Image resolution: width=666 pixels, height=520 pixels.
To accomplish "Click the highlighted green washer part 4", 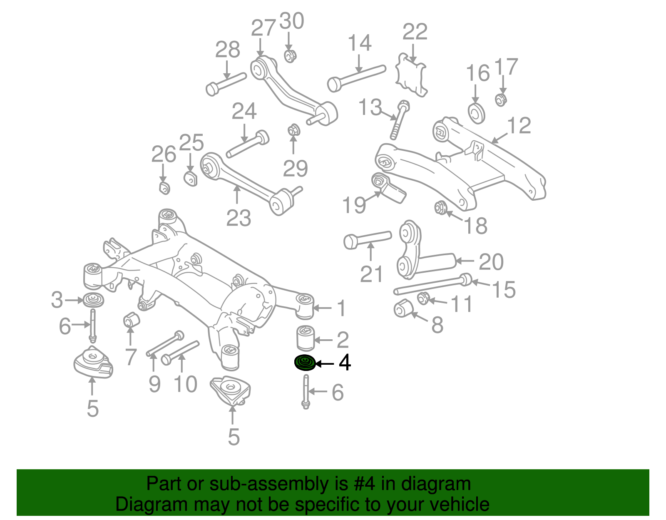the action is click(x=305, y=363).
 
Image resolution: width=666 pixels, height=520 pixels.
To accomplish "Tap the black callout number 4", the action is click(x=345, y=363).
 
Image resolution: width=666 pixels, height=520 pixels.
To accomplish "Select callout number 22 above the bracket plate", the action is click(x=415, y=32).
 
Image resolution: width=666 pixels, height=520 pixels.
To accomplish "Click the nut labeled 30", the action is click(x=290, y=56).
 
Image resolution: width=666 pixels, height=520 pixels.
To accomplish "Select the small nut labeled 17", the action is click(x=501, y=100).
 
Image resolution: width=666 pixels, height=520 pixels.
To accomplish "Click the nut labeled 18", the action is click(x=440, y=207).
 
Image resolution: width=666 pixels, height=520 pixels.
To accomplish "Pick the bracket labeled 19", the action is click(x=388, y=188).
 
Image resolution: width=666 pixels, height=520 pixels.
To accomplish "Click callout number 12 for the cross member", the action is click(x=519, y=126).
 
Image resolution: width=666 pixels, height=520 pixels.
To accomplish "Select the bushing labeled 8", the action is click(x=403, y=309).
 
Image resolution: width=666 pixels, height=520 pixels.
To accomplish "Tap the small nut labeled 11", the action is click(x=423, y=298).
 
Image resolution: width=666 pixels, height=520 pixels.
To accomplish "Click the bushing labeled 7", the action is click(x=132, y=320).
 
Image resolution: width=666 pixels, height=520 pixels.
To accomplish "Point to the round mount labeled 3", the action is click(x=93, y=300).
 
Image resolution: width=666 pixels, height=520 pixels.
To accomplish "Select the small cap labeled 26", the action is click(x=165, y=188).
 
